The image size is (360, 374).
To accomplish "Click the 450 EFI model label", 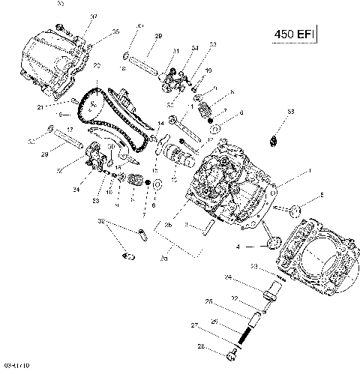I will click(x=292, y=34).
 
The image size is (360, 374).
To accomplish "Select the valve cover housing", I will click(x=52, y=56).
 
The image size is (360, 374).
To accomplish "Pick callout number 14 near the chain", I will click(x=160, y=122).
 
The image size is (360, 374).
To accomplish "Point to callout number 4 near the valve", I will click(x=238, y=246).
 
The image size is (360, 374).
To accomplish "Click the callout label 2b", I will click(x=168, y=226).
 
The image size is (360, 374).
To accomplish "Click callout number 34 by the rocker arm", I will click(x=194, y=48).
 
